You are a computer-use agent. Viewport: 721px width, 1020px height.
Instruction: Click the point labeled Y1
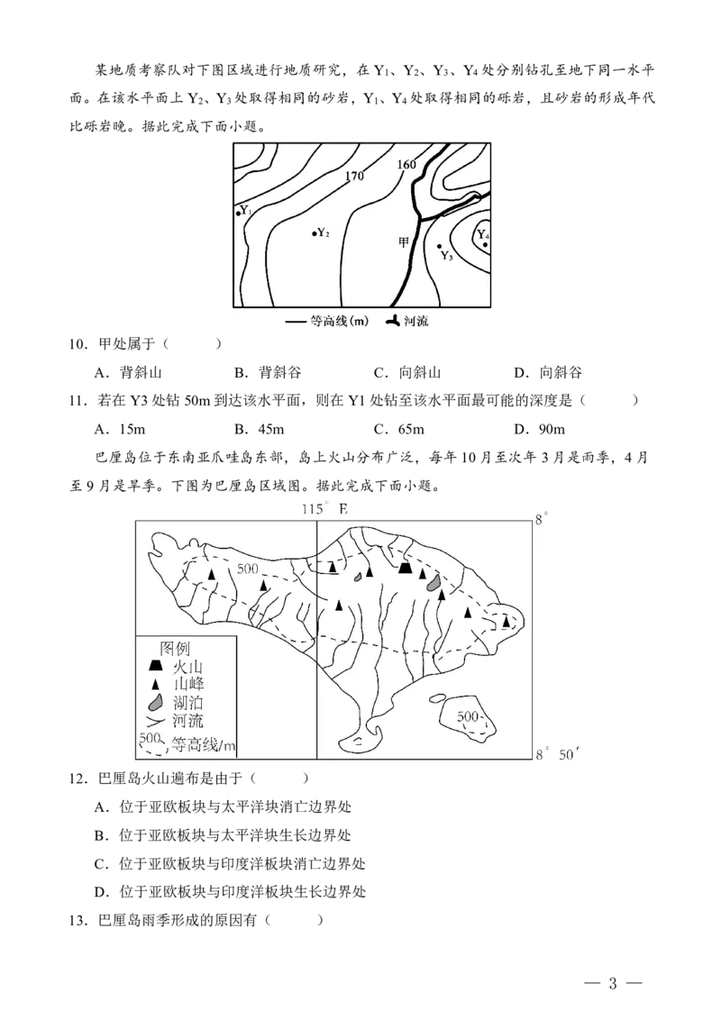click(x=238, y=214)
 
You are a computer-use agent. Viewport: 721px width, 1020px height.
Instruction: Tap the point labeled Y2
click(x=315, y=233)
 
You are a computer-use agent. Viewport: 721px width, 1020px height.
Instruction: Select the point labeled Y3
click(x=440, y=246)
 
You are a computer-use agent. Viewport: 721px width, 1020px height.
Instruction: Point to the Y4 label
click(x=482, y=236)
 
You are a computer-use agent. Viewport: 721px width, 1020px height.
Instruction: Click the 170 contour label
click(x=354, y=177)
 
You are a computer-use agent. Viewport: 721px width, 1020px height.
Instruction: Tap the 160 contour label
click(x=406, y=164)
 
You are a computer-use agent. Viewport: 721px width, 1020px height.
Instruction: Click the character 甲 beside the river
click(x=404, y=241)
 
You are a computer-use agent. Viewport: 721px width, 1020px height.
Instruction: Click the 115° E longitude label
click(x=324, y=509)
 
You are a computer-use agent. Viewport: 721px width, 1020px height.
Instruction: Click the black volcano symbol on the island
click(x=406, y=567)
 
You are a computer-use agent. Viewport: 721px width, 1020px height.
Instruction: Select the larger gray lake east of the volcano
click(x=434, y=584)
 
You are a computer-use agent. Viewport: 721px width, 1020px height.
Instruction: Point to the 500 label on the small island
click(x=468, y=717)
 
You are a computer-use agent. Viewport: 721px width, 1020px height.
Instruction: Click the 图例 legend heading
click(x=175, y=648)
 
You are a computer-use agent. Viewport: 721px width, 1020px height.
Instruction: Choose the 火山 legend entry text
click(x=188, y=667)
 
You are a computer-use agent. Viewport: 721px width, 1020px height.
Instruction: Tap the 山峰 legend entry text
click(x=188, y=685)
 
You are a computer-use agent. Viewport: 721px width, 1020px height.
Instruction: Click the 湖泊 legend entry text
click(x=188, y=703)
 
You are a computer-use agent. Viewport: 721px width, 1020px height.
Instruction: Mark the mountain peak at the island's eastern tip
click(x=507, y=621)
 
